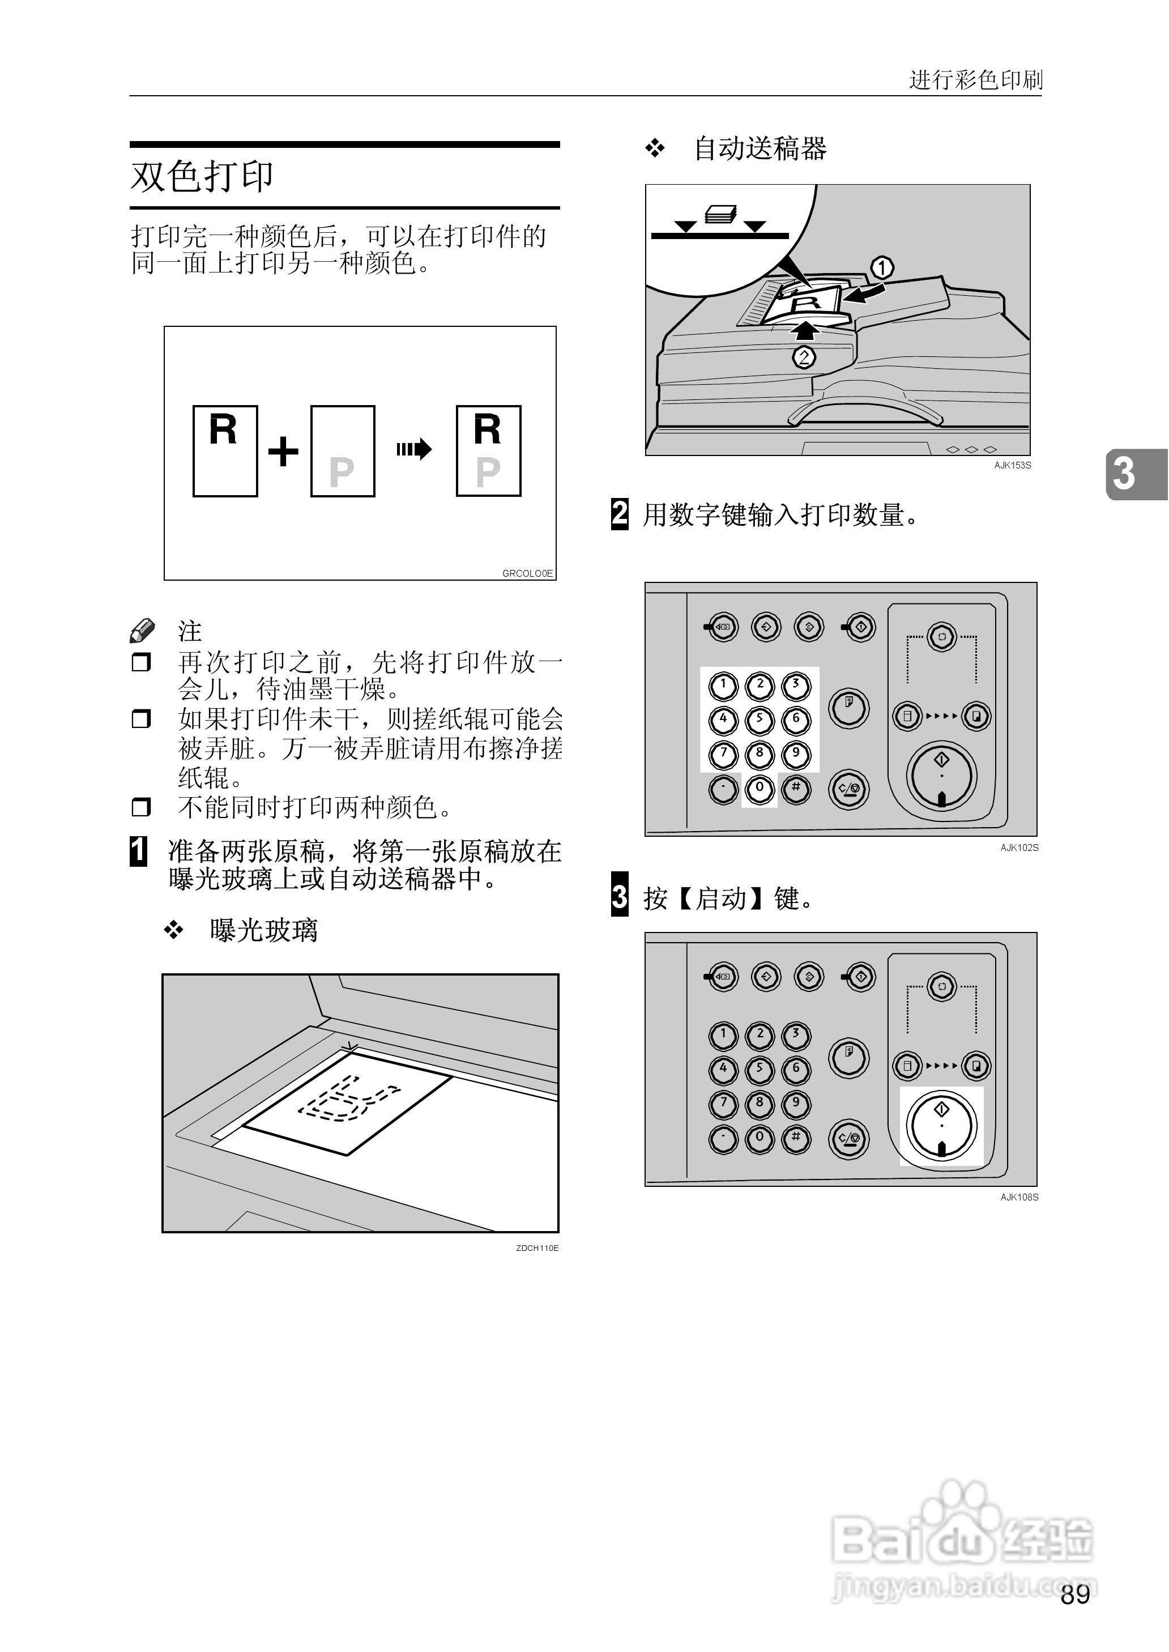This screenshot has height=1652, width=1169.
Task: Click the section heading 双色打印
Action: pos(202,176)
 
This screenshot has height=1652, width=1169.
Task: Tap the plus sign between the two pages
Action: pos(283,452)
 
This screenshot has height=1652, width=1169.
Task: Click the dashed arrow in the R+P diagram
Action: pos(413,450)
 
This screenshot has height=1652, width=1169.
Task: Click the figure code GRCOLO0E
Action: pos(527,573)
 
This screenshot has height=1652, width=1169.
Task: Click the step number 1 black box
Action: pos(138,851)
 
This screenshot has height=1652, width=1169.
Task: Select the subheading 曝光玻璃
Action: pos(263,930)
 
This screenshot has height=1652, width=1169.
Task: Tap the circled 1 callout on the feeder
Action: pos(882,268)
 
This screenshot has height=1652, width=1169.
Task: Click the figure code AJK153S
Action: pos(1012,466)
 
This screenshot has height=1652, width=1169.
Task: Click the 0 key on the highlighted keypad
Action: pos(759,788)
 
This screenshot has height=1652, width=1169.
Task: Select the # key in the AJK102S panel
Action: pos(795,788)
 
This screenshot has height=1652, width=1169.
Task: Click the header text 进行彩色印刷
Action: pos(975,79)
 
